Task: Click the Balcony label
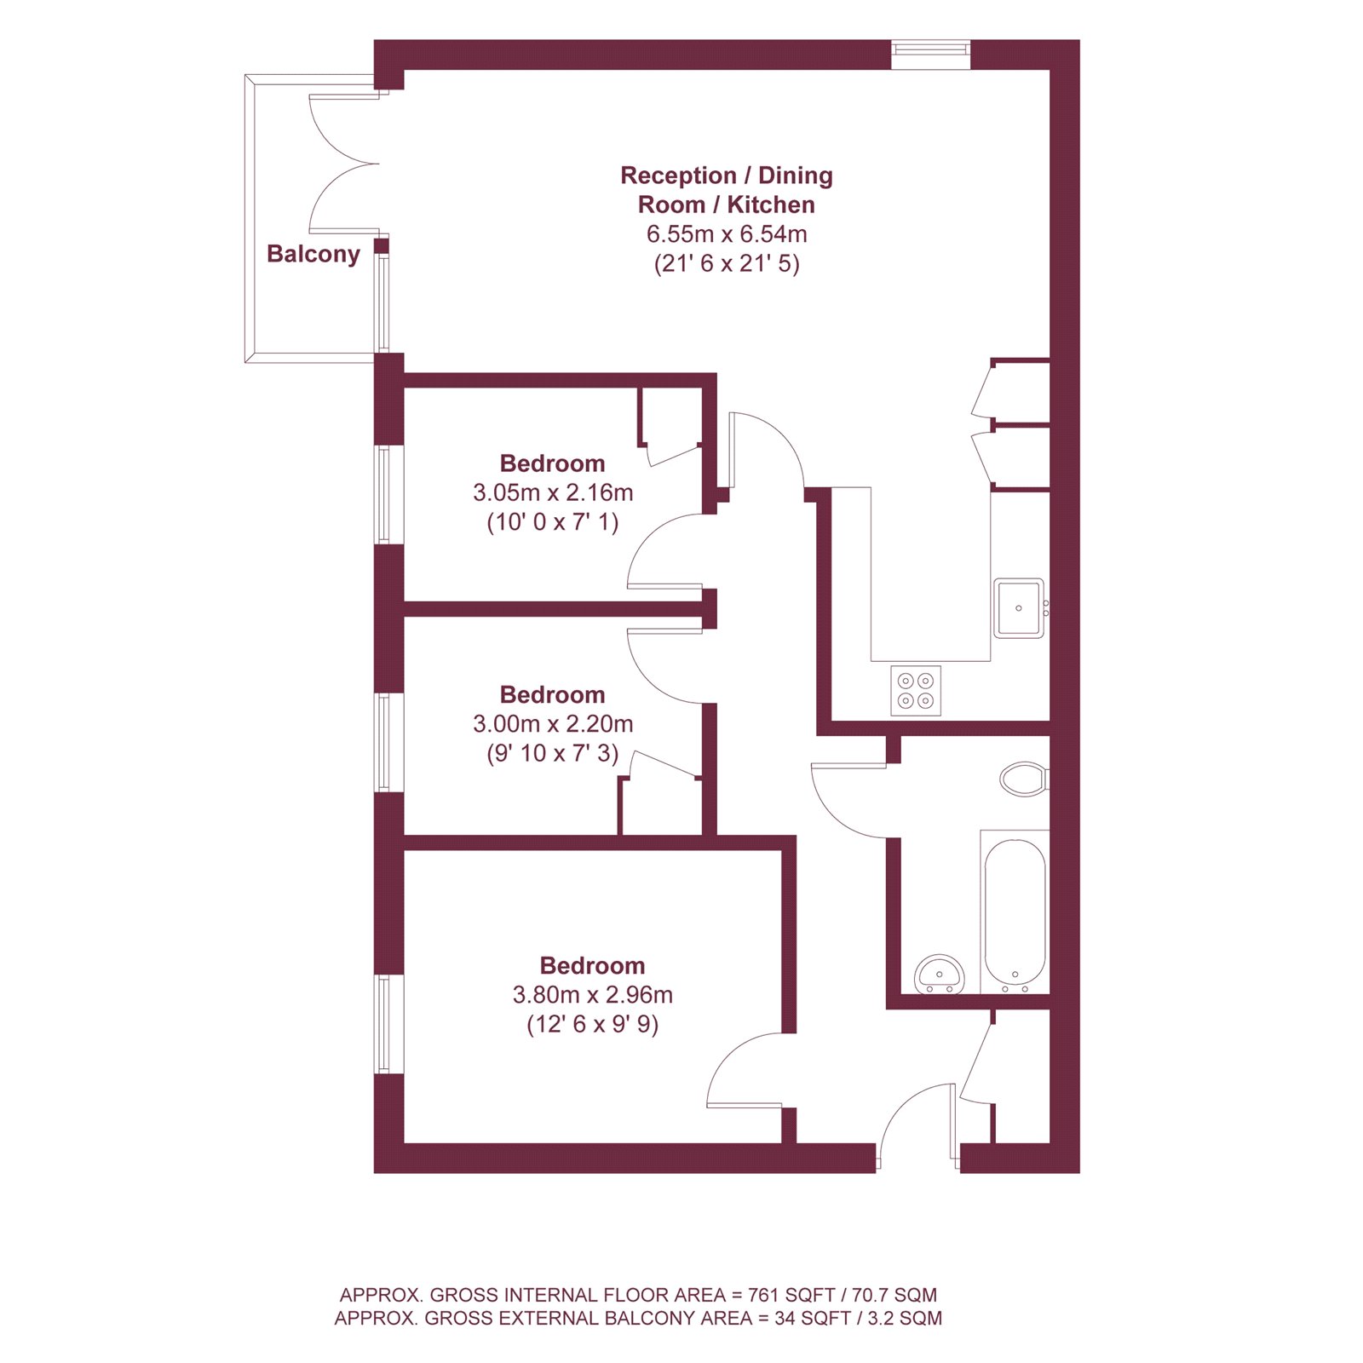pos(313,254)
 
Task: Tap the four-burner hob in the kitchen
pos(916,690)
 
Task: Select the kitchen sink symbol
pos(1019,608)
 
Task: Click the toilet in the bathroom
pos(1024,779)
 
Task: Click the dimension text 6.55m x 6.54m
pos(726,233)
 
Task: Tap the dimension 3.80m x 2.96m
pos(592,994)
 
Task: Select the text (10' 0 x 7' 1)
pos(552,521)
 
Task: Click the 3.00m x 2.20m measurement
pos(552,723)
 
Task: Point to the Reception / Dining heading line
pos(726,175)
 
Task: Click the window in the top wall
pos(930,55)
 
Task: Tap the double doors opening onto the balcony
pos(341,164)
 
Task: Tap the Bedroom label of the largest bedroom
pos(592,965)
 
